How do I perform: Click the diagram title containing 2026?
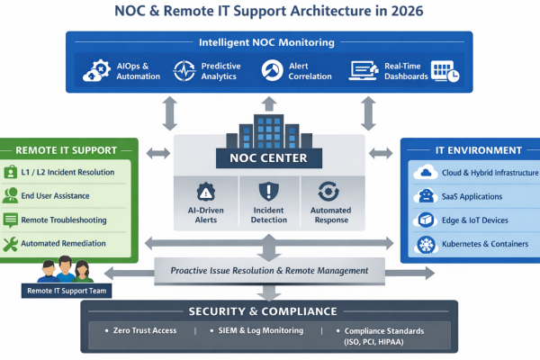point(269,13)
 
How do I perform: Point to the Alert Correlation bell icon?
point(272,70)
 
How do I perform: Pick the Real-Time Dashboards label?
point(400,70)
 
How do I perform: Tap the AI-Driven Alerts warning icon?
point(205,192)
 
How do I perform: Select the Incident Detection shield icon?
point(268,192)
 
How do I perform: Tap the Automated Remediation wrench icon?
point(11,244)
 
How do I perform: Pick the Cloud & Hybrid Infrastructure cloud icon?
point(424,173)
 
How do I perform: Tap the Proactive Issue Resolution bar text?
point(266,271)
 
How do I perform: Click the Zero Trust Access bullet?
point(145,330)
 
